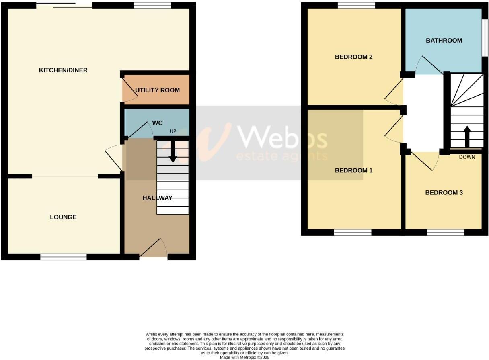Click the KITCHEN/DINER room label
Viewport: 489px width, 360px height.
[x=63, y=70]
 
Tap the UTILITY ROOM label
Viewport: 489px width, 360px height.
[x=157, y=90]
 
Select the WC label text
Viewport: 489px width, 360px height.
[x=157, y=122]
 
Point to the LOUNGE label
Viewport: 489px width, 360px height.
[x=63, y=217]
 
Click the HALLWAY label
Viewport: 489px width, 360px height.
[x=157, y=198]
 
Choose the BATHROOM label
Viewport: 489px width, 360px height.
[x=444, y=41]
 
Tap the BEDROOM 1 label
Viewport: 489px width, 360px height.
[x=353, y=170]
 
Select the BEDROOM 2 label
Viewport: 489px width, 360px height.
[x=353, y=57]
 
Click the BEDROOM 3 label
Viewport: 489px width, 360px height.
[x=444, y=193]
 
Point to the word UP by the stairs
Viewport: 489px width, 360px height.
[x=173, y=132]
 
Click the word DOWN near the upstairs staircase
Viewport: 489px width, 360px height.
[x=467, y=157]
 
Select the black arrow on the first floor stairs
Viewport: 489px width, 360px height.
[x=467, y=137]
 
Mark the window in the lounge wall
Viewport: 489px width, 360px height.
[x=64, y=257]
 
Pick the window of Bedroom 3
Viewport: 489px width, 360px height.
[x=446, y=232]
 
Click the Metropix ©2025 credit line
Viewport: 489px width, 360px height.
[x=244, y=357]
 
